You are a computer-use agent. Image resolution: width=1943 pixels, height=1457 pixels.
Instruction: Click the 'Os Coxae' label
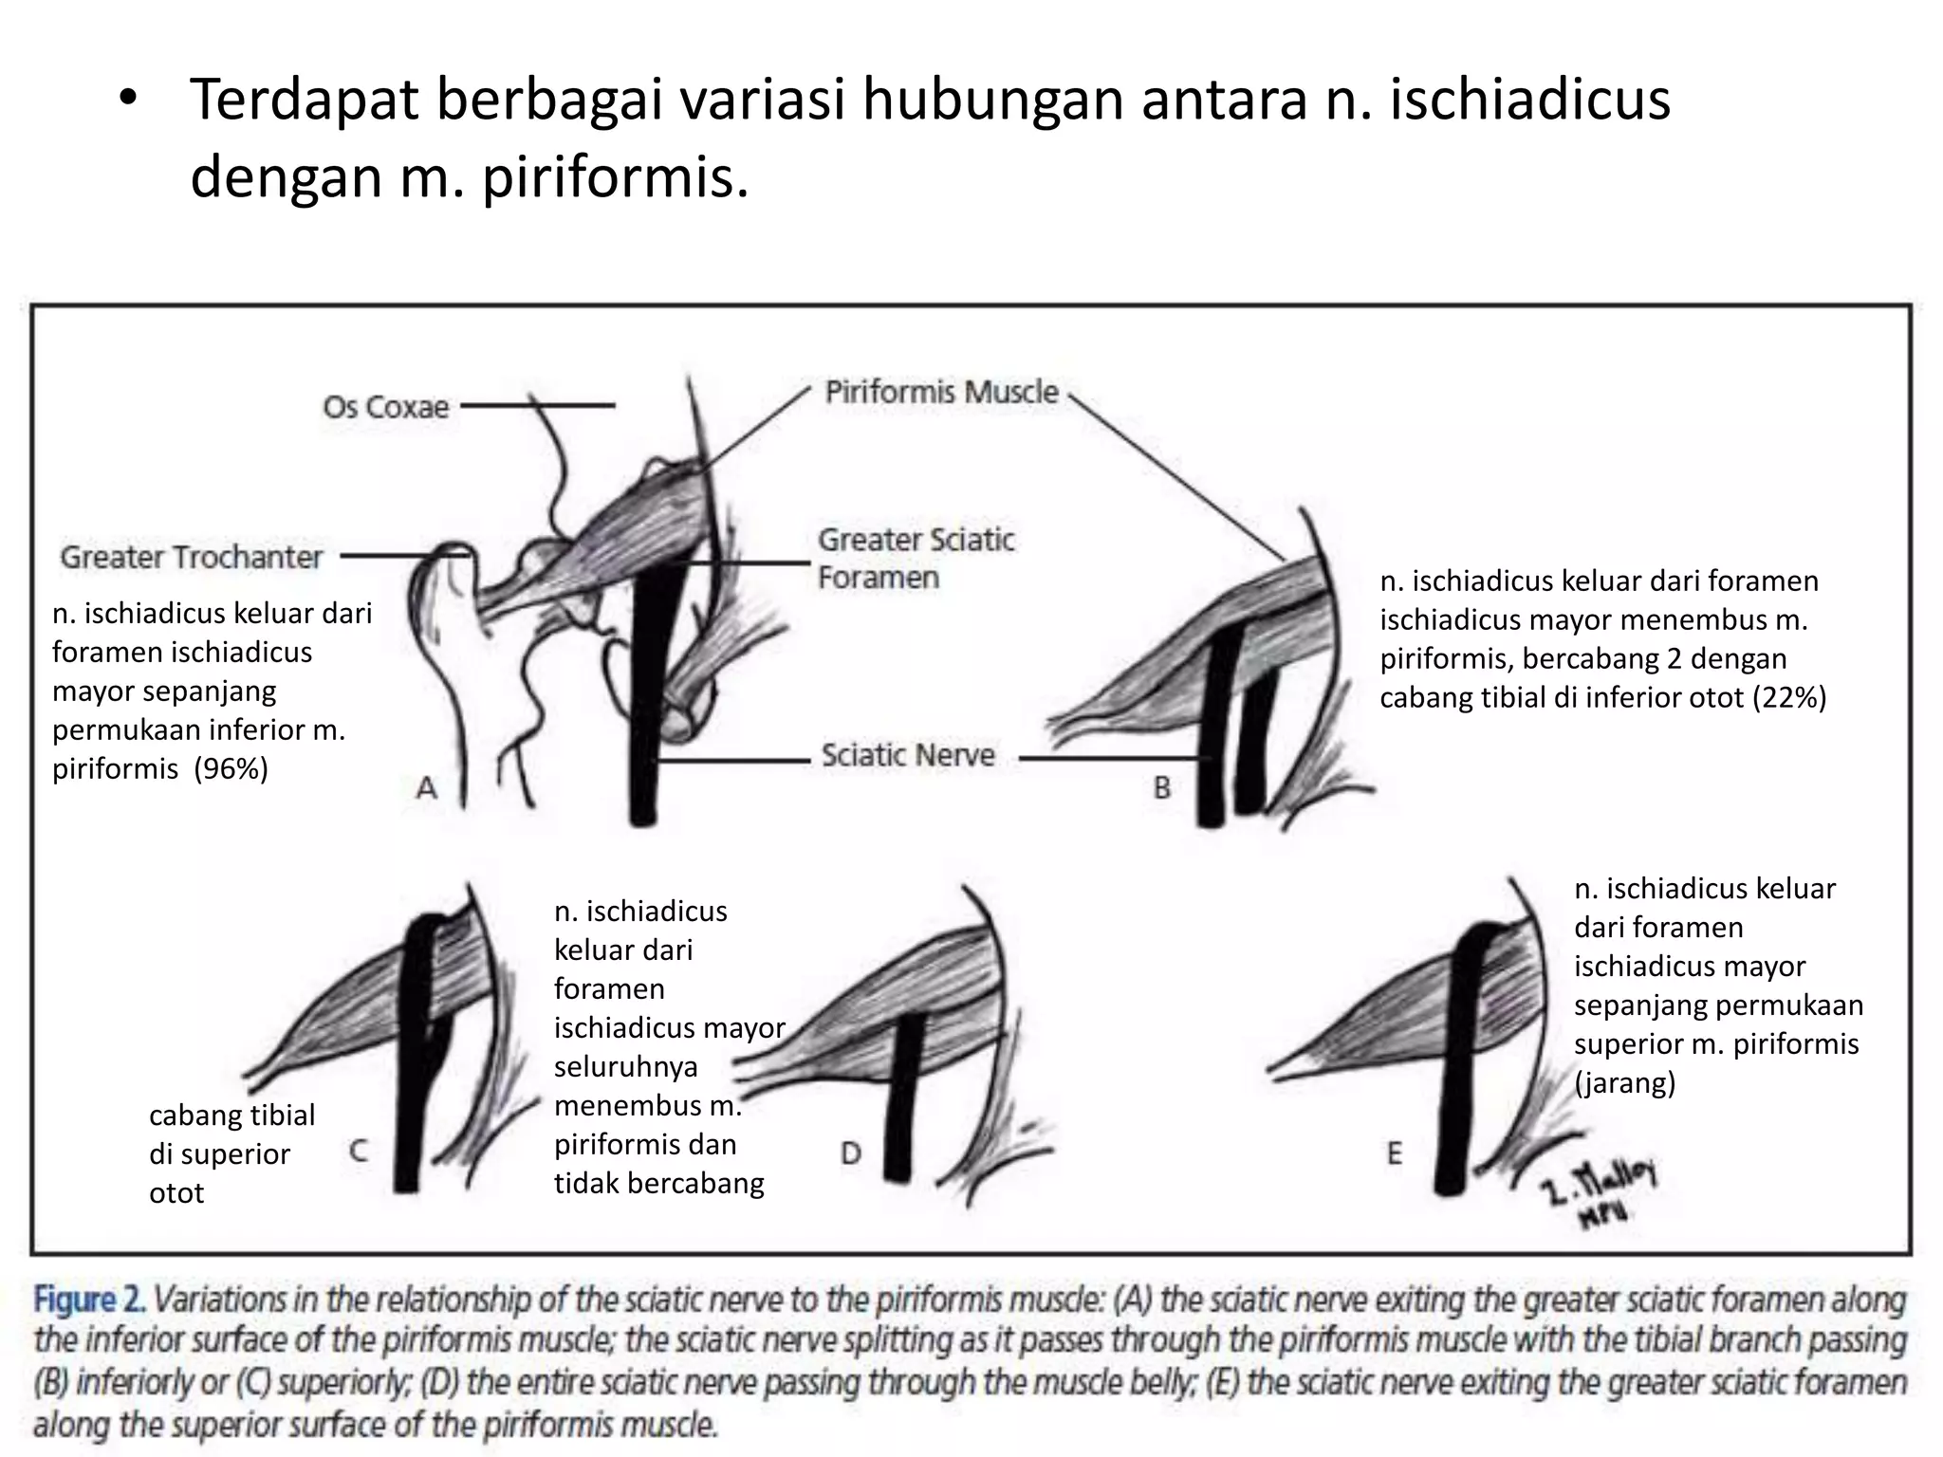coord(385,407)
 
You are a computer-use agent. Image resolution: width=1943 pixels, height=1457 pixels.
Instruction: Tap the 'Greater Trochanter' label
coord(192,557)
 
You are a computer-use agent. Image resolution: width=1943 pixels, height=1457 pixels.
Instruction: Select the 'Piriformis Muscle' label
coord(941,392)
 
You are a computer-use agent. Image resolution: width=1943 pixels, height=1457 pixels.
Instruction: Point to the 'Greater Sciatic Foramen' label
coord(916,559)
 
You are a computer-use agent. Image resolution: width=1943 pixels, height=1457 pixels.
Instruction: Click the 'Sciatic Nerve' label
coord(908,756)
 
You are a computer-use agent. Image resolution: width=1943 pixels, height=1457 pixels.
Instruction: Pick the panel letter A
coord(427,787)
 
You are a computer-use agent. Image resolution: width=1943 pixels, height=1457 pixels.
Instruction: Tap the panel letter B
coord(1162,787)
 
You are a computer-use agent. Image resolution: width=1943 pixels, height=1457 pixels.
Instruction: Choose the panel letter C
coord(358,1152)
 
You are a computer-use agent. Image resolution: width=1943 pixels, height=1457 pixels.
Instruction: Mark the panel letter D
coord(851,1153)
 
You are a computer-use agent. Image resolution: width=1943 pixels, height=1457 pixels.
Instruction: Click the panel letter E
coord(1394,1153)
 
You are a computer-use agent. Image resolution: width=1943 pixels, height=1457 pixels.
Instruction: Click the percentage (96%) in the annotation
coord(231,768)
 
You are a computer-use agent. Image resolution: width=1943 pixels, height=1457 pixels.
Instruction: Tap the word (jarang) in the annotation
coord(1625,1083)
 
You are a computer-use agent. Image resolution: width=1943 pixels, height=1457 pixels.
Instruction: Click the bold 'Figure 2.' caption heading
coord(89,1300)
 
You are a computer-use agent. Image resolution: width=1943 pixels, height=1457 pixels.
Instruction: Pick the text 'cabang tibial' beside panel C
coord(232,1116)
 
